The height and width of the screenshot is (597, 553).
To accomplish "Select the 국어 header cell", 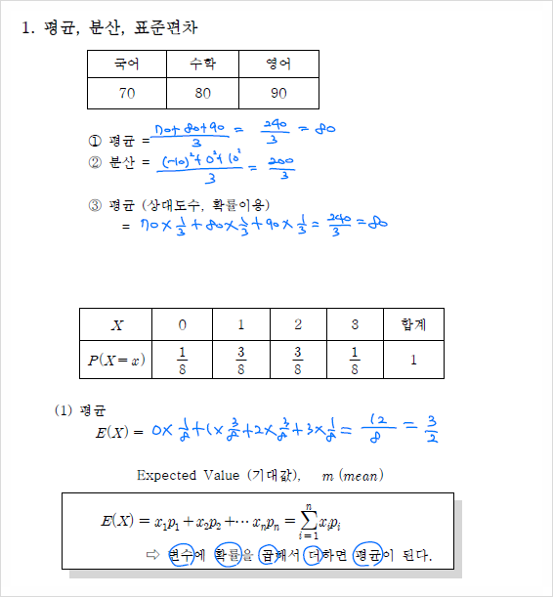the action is (x=127, y=64).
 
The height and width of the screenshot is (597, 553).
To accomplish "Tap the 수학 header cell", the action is (x=202, y=64).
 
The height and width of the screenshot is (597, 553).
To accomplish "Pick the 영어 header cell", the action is (x=278, y=64).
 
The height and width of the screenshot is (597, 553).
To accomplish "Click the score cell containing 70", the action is (x=127, y=93).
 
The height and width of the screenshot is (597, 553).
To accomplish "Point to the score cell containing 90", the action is (x=278, y=93).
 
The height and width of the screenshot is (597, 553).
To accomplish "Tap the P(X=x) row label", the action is (x=116, y=360).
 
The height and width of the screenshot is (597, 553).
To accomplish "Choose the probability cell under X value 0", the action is (x=183, y=360).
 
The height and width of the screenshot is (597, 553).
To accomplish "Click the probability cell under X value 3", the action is (x=355, y=360).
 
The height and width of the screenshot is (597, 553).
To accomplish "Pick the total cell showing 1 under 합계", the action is (x=413, y=360).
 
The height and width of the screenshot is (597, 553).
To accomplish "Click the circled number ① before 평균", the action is (x=95, y=141).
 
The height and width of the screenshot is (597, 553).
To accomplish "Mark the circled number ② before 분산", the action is (x=95, y=162).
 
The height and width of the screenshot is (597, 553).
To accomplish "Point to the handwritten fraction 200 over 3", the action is (x=281, y=169).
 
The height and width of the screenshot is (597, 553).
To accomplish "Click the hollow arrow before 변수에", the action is (x=151, y=555).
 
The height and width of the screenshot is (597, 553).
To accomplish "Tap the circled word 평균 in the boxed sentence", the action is (x=367, y=555).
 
